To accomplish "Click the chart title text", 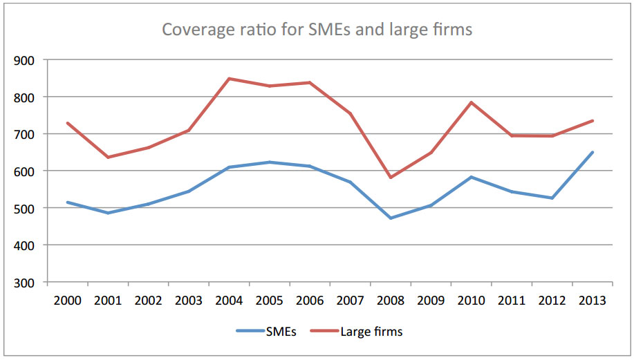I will (x=317, y=30).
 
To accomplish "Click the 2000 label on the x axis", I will (x=67, y=301).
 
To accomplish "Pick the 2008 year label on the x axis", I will (x=391, y=301).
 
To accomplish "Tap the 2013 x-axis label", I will (x=593, y=301).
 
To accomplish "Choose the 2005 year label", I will (x=270, y=301).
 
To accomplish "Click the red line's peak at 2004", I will (x=229, y=79).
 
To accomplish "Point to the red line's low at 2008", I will (x=391, y=178).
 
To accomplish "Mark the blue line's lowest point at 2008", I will (x=391, y=218).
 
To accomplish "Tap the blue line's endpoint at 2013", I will (x=593, y=152).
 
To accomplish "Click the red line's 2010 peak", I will (x=472, y=103).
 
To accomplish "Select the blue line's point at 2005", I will (x=270, y=162).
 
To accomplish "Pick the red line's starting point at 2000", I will (x=67, y=123).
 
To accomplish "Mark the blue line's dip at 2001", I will (x=108, y=213).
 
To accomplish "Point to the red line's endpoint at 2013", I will (x=593, y=121).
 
